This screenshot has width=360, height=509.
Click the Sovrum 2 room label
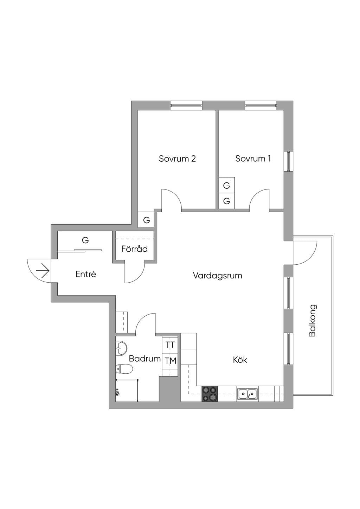click(x=177, y=159)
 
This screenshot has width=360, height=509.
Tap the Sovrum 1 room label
click(x=253, y=159)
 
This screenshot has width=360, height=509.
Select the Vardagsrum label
click(x=218, y=276)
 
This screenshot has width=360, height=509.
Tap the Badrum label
click(x=145, y=359)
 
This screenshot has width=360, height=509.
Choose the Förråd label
click(x=135, y=249)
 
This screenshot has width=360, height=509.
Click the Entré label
click(x=86, y=274)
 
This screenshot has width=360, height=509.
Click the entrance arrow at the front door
click(x=43, y=271)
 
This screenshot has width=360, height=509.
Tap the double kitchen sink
click(x=247, y=394)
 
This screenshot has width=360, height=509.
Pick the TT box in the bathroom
click(x=170, y=345)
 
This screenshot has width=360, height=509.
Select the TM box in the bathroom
click(x=170, y=361)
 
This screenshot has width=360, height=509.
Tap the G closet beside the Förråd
click(x=146, y=220)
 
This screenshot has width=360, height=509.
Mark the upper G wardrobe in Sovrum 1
click(x=227, y=185)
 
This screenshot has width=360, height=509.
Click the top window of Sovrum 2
click(x=186, y=105)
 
